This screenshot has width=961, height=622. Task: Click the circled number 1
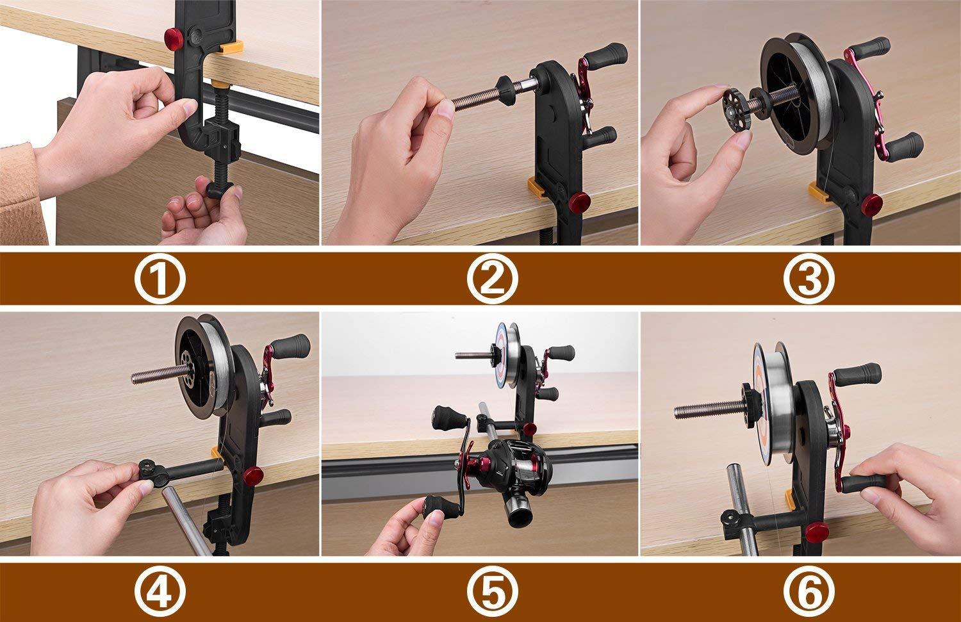click(160, 278)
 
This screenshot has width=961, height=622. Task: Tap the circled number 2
click(491, 278)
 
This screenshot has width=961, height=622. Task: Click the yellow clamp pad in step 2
click(537, 188)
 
